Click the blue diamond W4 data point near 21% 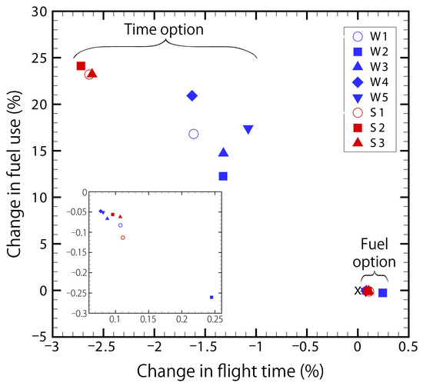coord(192,95)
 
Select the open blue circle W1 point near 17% coord(194,134)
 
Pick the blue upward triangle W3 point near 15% coord(223,153)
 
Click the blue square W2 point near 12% coord(223,176)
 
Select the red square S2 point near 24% coord(81,66)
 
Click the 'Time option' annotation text coord(165,29)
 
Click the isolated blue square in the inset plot coord(211,296)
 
